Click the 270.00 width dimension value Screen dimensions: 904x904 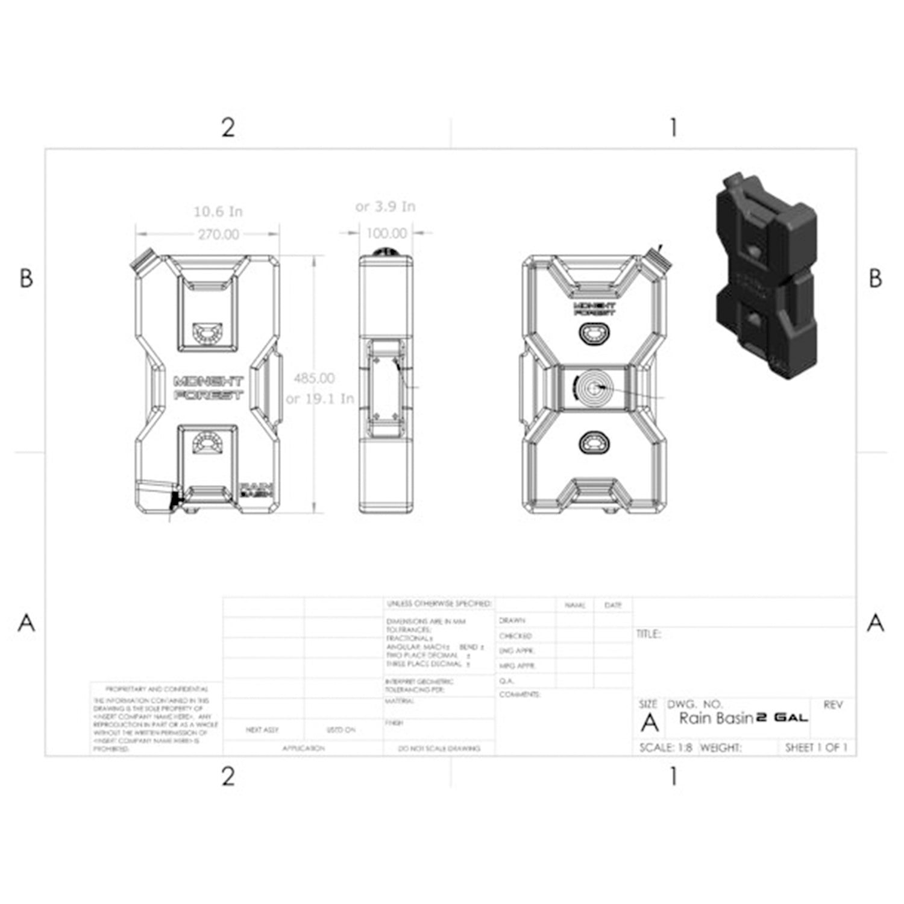coord(219,234)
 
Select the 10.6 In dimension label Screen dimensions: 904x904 coord(218,212)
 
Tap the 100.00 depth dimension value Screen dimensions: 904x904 coord(386,233)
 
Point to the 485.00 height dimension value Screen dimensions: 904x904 coord(314,378)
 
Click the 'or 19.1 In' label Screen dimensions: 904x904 coord(320,399)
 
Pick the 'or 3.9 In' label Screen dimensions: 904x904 coord(385,207)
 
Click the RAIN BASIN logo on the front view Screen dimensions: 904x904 coord(257,489)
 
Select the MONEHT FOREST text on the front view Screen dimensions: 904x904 coord(209,389)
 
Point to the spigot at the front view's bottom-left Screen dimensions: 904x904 coord(155,496)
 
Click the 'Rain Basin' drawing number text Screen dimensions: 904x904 coord(716,718)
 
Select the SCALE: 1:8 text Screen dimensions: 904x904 coord(665,748)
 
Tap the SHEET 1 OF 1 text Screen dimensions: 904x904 coord(817,748)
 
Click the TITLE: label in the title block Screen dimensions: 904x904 coord(648,634)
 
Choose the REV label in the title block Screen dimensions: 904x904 coord(833,705)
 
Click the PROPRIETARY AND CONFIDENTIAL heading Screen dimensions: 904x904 coord(157,689)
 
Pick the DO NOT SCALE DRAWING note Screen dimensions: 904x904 coord(439,749)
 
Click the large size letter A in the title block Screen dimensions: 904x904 coord(650,722)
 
